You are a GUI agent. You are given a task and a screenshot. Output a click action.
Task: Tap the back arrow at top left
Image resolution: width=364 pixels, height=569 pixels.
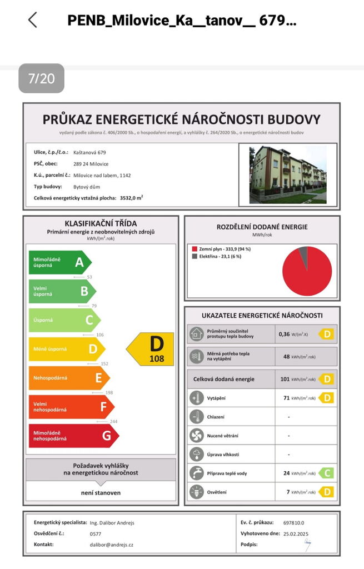(x=32, y=20)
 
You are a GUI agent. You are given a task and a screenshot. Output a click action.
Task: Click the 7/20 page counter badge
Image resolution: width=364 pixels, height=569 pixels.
(x=41, y=78)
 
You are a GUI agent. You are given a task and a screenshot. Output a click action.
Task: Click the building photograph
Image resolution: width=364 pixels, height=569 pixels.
(x=287, y=175)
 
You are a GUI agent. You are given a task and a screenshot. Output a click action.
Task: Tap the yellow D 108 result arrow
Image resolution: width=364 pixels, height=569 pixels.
(x=151, y=349)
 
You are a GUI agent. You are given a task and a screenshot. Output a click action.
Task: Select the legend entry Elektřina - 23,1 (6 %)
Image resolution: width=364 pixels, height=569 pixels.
(x=221, y=257)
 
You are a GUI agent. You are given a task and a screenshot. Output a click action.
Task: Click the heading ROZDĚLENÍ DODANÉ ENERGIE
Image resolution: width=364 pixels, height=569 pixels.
(x=262, y=227)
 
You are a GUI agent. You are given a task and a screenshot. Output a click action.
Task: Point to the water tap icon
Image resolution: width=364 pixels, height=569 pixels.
(x=196, y=473)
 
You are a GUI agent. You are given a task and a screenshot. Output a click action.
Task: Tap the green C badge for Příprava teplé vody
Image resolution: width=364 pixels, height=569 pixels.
(x=326, y=473)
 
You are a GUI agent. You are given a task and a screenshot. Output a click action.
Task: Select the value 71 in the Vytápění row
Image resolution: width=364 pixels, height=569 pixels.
(x=287, y=398)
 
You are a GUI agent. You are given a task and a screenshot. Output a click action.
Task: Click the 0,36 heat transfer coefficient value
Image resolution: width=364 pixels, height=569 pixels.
(x=284, y=335)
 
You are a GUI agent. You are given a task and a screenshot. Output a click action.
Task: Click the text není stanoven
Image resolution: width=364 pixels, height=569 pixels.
(x=101, y=492)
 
